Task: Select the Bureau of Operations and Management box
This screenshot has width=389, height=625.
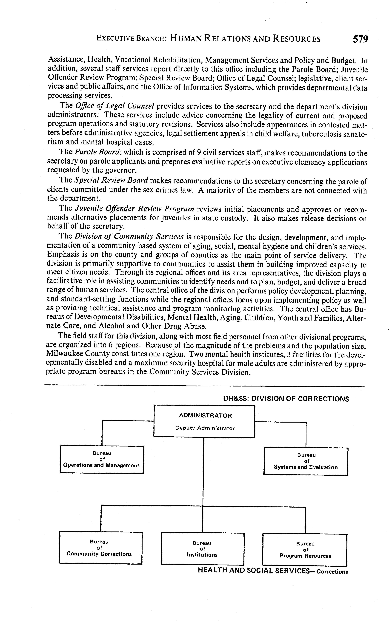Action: pyautogui.click(x=102, y=459)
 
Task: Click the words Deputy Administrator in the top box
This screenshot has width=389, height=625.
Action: pyautogui.click(x=205, y=428)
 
